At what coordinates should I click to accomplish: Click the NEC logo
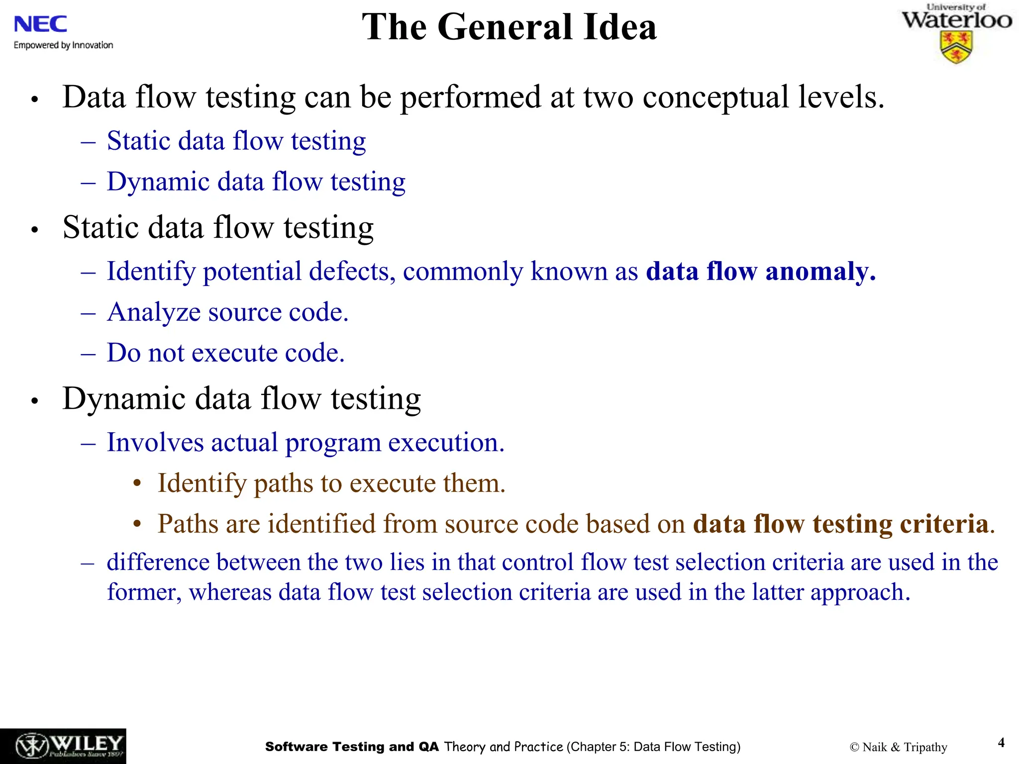40,24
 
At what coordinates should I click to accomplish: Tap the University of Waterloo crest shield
956,48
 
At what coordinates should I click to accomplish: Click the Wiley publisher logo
63,746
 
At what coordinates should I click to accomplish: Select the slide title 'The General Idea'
509,27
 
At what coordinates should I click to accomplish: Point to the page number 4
1001,743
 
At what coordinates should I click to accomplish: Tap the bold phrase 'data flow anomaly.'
761,272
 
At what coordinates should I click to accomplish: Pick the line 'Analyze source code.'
228,312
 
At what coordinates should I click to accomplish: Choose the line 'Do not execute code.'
226,353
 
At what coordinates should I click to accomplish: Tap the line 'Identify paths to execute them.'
331,483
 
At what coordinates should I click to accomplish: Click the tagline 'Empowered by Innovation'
63,45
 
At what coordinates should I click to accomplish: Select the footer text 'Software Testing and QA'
352,747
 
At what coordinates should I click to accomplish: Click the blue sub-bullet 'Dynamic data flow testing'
256,182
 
